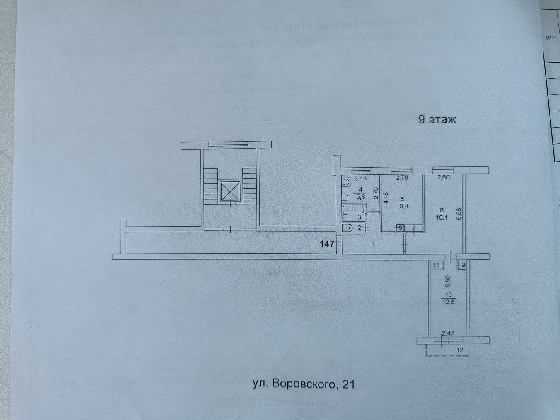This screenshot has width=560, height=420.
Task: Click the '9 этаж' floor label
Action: click(x=437, y=120)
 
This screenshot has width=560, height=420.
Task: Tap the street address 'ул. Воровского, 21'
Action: click(x=304, y=384)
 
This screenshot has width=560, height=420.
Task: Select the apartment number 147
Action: click(x=327, y=244)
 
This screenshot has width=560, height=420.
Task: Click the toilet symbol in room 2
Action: click(x=348, y=227)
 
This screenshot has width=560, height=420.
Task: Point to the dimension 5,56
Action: click(x=458, y=213)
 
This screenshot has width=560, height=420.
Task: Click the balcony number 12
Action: click(x=459, y=350)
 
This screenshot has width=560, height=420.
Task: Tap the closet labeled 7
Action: click(x=413, y=228)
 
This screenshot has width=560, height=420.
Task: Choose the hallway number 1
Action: click(x=373, y=244)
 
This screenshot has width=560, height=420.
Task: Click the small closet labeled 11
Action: click(x=435, y=265)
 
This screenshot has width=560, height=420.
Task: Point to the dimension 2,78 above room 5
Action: click(x=402, y=178)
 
